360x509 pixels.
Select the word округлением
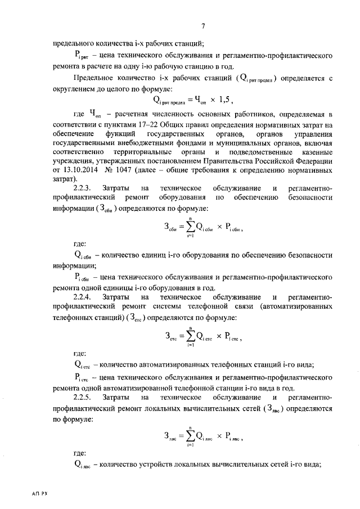tap(79, 88)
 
